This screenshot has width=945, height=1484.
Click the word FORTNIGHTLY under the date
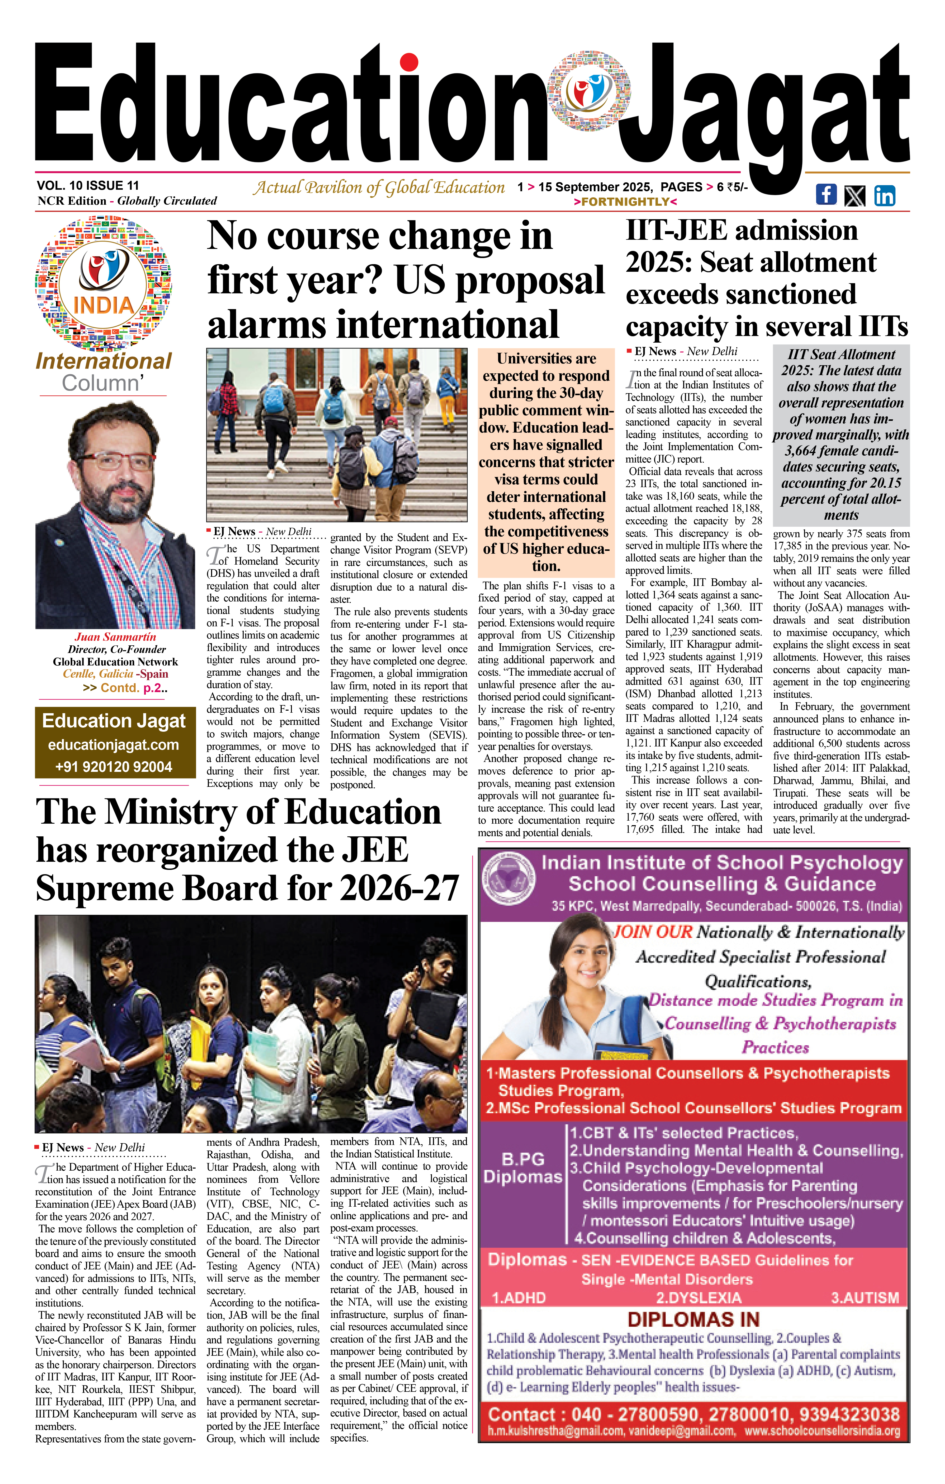[625, 201]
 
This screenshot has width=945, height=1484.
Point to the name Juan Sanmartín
[115, 637]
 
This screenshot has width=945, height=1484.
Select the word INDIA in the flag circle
[104, 305]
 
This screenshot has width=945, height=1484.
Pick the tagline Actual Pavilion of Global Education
[379, 187]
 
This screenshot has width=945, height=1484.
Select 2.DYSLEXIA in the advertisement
[698, 1298]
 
